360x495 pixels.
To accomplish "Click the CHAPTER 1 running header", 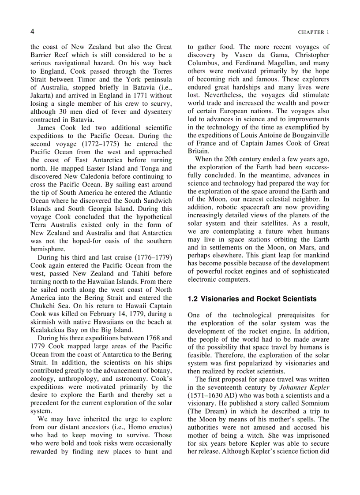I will [x=313, y=32].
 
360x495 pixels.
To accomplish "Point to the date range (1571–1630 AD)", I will [x=211, y=395].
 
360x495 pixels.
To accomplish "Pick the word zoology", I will [x=43, y=378].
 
